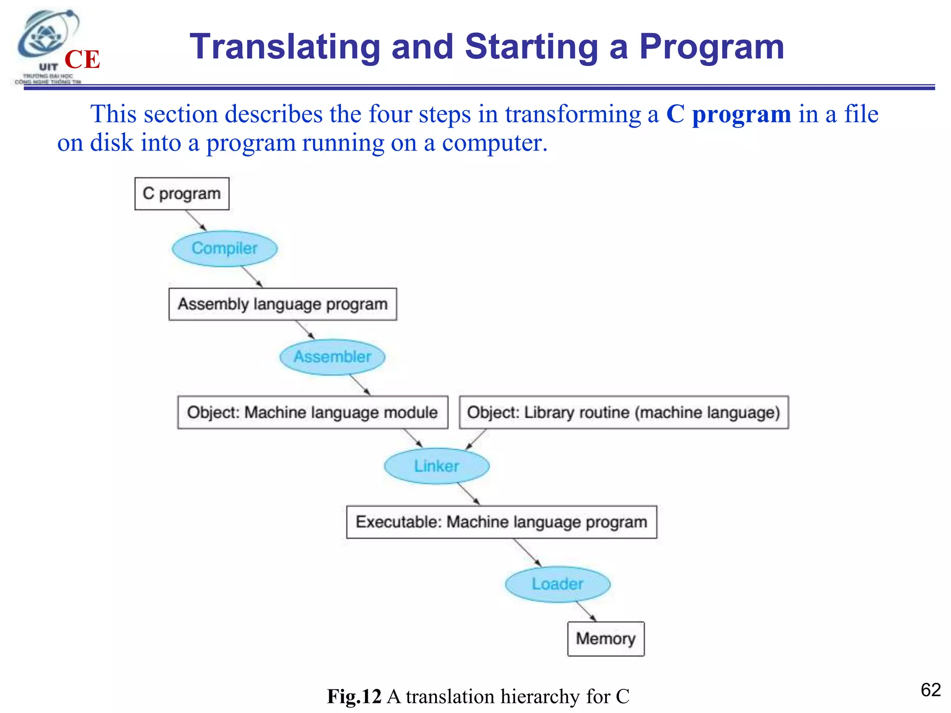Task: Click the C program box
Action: tap(182, 194)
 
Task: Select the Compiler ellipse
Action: tap(225, 248)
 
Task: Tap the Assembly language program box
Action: tap(282, 304)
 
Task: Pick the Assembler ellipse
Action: tap(332, 357)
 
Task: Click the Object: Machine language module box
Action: tap(313, 412)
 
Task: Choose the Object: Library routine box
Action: tap(623, 412)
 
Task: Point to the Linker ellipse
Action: tap(436, 466)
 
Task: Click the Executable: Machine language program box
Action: tap(502, 522)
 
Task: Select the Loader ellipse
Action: tap(557, 584)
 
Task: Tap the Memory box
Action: tap(606, 639)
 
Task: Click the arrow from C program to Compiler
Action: tap(196, 220)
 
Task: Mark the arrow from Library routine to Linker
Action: tap(476, 439)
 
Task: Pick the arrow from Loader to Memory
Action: tap(586, 611)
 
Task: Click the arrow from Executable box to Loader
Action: tap(528, 552)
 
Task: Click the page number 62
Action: tap(930, 690)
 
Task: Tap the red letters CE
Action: tap(82, 59)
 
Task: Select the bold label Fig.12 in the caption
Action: tap(354, 696)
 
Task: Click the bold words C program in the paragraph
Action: tap(728, 114)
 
